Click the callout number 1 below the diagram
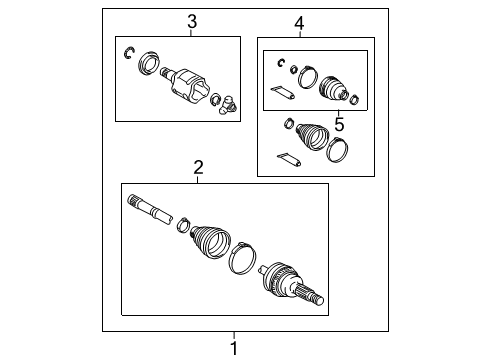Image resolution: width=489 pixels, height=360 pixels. [x=235, y=347]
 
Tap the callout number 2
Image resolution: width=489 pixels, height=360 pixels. [x=198, y=168]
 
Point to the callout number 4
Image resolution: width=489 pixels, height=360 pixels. [x=299, y=22]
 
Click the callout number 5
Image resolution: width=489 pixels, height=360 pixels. [x=339, y=124]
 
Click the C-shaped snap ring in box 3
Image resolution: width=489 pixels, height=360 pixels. [x=131, y=53]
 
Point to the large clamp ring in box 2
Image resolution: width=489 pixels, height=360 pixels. [x=241, y=259]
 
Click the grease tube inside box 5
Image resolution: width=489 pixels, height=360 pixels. [x=283, y=94]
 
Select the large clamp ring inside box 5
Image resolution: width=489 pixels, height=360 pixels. [x=309, y=77]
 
